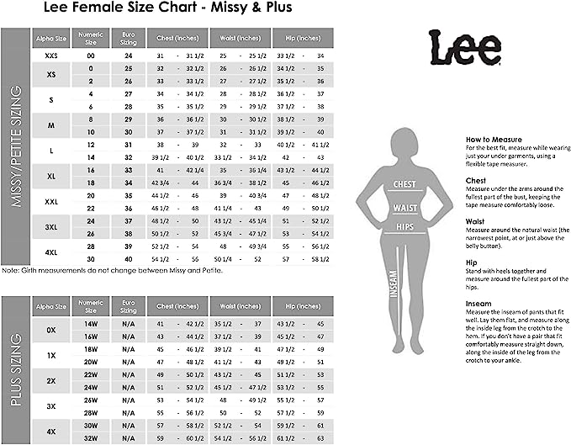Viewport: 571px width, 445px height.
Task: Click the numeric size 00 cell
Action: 90,55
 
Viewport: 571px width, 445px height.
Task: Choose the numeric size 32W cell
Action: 90,437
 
